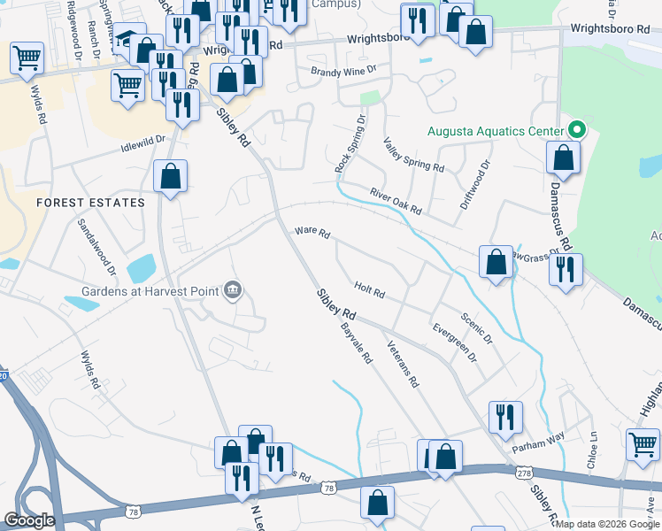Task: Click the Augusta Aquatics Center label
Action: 495,132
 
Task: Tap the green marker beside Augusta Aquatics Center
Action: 578,130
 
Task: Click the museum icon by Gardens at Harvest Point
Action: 234,289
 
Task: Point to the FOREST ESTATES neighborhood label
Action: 90,203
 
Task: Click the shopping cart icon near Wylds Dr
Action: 27,58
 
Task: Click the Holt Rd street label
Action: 369,289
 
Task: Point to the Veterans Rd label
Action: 402,366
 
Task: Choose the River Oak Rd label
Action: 395,200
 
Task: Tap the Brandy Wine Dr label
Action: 343,68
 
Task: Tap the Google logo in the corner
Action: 29,520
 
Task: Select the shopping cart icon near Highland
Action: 643,443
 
